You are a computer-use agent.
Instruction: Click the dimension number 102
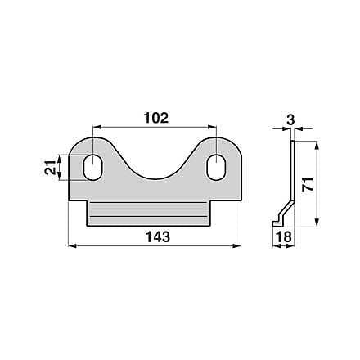[156, 118]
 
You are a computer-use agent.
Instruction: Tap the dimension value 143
[158, 236]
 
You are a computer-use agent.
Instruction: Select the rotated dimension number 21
[50, 168]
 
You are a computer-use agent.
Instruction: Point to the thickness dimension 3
[290, 119]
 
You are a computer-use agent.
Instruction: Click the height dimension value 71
[308, 185]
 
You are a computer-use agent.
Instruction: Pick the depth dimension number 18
[284, 236]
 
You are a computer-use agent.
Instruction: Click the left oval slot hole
[93, 167]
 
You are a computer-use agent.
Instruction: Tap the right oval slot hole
[216, 167]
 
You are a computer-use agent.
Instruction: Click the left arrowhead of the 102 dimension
[97, 127]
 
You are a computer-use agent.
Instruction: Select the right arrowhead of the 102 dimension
[212, 127]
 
